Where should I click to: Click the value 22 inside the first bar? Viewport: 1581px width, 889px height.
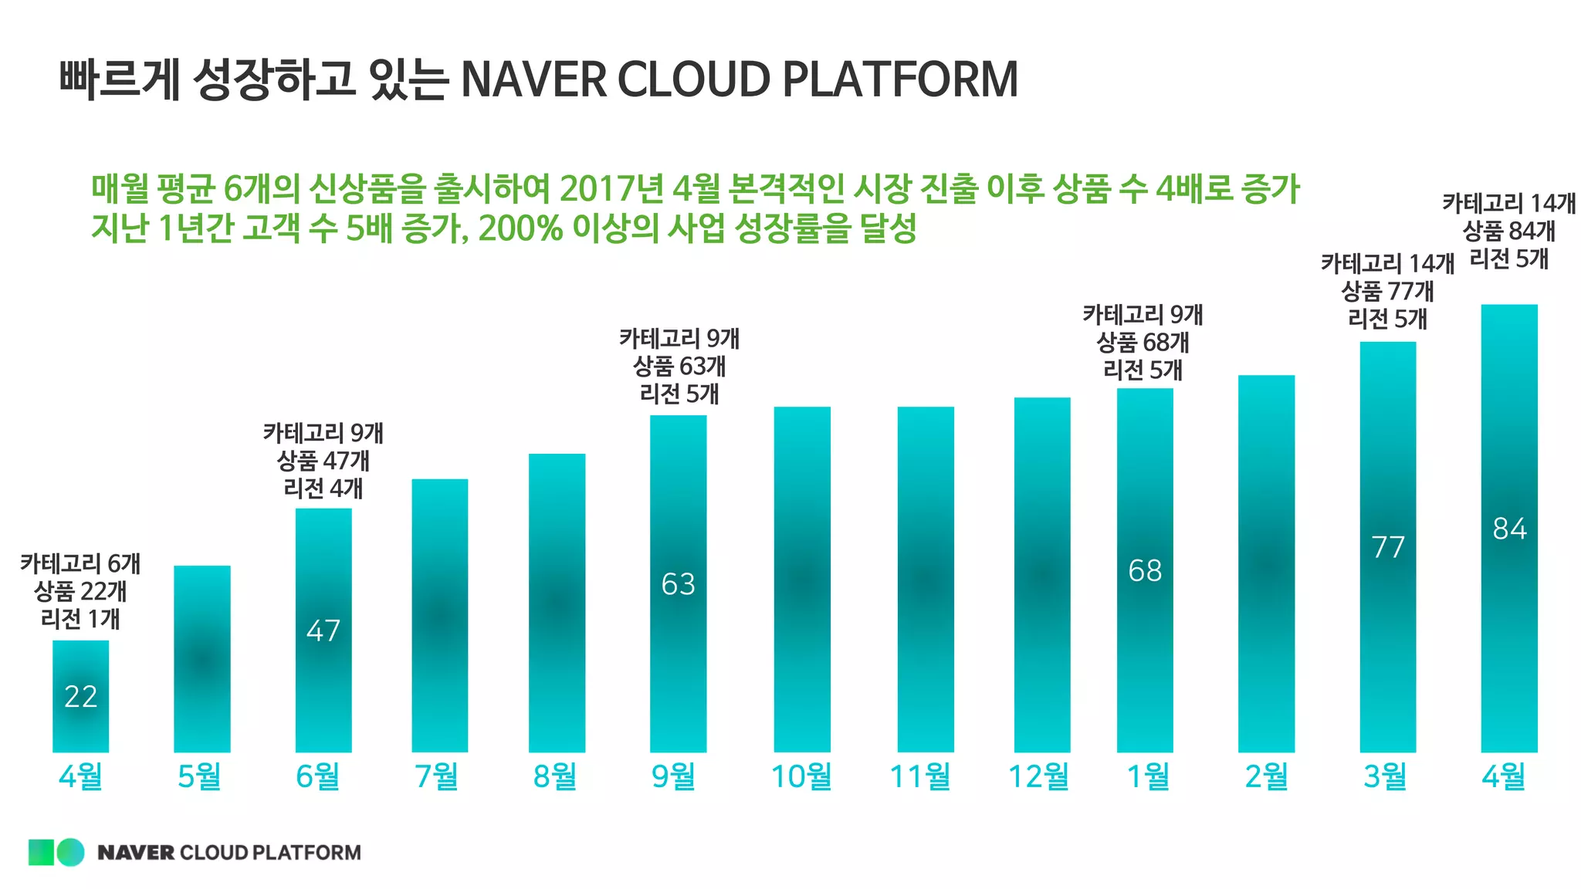pyautogui.click(x=80, y=697)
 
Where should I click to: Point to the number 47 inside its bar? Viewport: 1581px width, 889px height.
pyautogui.click(x=323, y=631)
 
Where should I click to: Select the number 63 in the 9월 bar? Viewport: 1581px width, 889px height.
pyautogui.click(x=678, y=584)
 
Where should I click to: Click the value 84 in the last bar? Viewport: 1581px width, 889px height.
pyautogui.click(x=1509, y=529)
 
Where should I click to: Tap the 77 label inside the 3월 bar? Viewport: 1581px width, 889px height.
pyautogui.click(x=1387, y=548)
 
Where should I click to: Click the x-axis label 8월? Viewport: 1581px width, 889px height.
pyautogui.click(x=555, y=776)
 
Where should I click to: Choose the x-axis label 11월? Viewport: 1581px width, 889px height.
pyautogui.click(x=920, y=776)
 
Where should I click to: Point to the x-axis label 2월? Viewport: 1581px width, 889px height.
pyautogui.click(x=1266, y=776)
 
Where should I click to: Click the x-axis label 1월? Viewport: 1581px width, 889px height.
pyautogui.click(x=1148, y=776)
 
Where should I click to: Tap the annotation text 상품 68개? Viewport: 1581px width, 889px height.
pyautogui.click(x=1143, y=343)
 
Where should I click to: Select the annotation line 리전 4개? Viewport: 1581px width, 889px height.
pyautogui.click(x=323, y=488)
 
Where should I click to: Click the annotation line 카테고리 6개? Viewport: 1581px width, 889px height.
pyautogui.click(x=80, y=564)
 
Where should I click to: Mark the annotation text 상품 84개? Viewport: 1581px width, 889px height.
pyautogui.click(x=1508, y=231)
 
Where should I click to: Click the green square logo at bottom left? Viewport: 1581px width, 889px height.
pyautogui.click(x=41, y=852)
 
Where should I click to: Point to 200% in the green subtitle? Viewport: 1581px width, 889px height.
pyautogui.click(x=520, y=228)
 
